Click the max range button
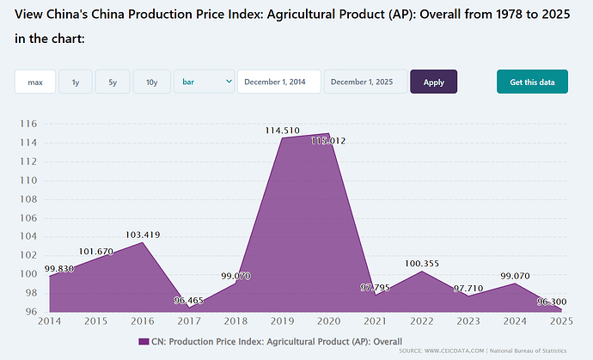(35, 82)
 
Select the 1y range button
(76, 82)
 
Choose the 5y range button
(113, 82)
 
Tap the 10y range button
(151, 82)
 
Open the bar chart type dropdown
(205, 82)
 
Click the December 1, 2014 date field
(278, 82)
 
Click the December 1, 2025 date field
(365, 82)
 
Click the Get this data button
(532, 82)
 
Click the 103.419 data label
(143, 235)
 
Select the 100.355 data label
(422, 263)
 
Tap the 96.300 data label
(552, 302)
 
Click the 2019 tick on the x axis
(282, 322)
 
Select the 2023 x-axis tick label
(468, 322)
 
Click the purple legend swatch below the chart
(144, 341)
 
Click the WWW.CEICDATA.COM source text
(455, 351)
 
